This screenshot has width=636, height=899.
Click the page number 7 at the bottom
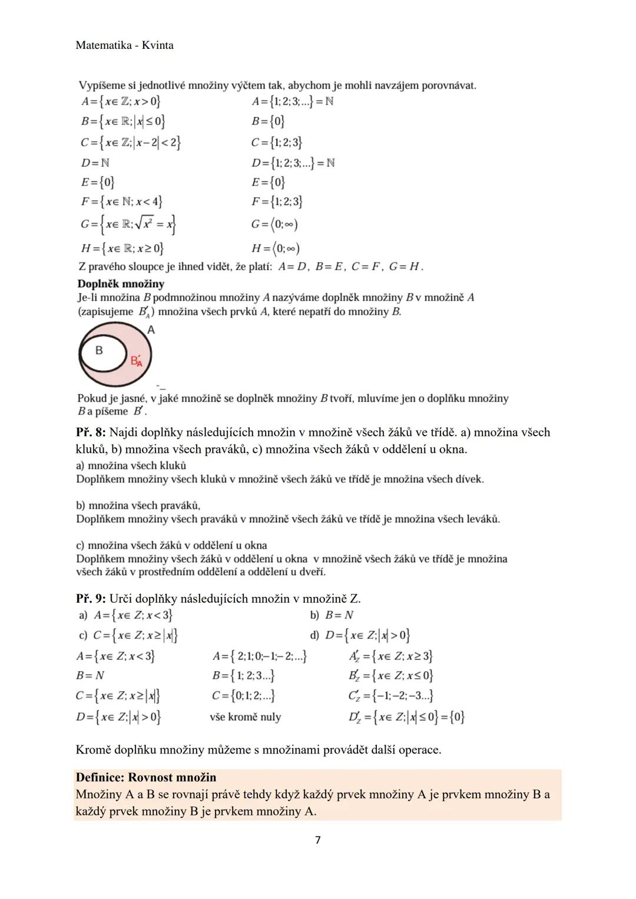click(x=318, y=840)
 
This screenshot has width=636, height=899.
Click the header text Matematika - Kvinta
click(x=125, y=45)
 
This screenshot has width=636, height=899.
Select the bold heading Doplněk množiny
click(x=121, y=284)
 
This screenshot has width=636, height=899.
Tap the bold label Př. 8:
click(x=91, y=433)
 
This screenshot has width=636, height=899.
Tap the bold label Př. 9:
click(x=91, y=599)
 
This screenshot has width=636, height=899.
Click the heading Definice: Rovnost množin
click(x=146, y=777)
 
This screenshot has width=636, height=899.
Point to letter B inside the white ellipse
click(x=99, y=350)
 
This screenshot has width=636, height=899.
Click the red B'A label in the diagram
click(x=137, y=361)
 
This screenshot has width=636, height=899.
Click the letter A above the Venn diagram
click(x=151, y=330)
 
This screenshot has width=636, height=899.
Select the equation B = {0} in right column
click(x=268, y=121)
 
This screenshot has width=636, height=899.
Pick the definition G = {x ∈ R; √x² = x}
click(x=129, y=224)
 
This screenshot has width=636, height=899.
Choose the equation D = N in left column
click(x=95, y=162)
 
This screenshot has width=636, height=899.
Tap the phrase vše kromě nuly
click(x=246, y=717)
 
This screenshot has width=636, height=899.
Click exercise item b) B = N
click(x=332, y=615)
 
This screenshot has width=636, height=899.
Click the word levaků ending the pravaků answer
click(x=481, y=519)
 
